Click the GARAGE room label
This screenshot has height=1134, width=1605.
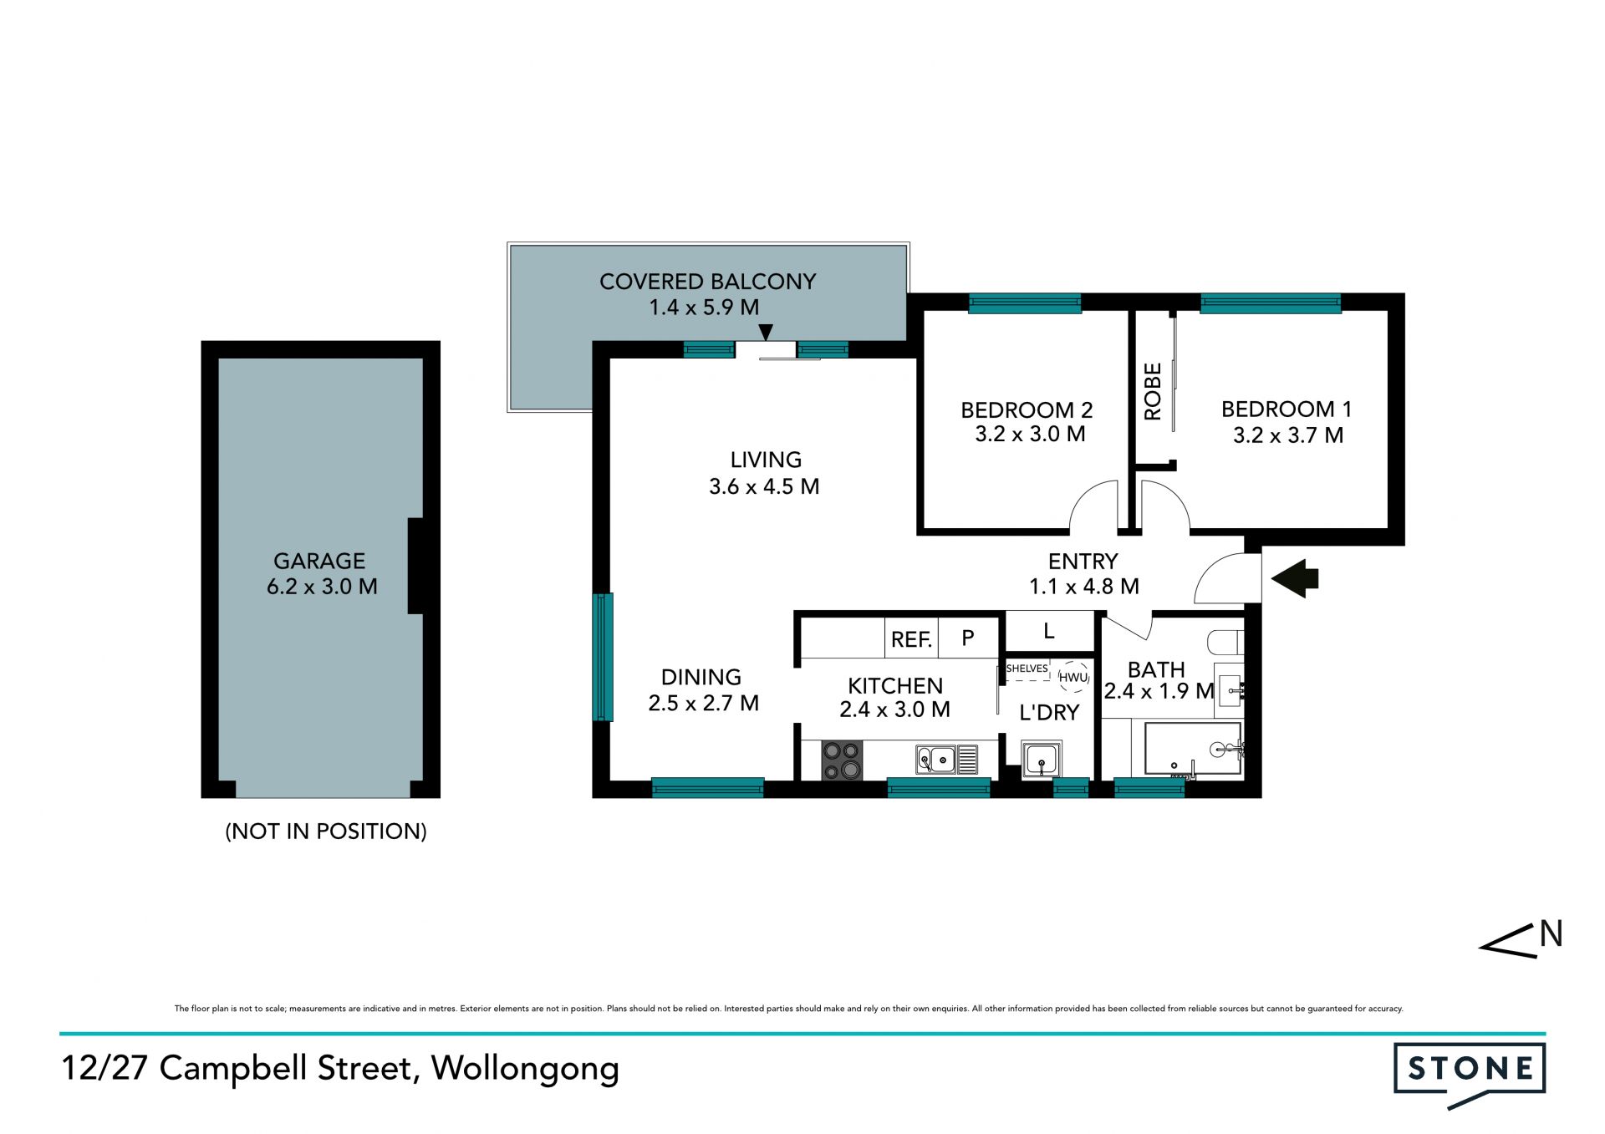click(319, 561)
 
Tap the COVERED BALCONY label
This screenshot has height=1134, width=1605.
click(707, 282)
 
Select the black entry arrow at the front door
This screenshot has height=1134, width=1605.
click(1295, 578)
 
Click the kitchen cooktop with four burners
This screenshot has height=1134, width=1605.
click(842, 760)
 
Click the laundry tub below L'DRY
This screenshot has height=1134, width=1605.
click(1042, 760)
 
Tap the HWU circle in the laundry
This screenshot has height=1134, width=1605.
click(1073, 677)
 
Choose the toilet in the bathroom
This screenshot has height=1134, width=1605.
click(1226, 642)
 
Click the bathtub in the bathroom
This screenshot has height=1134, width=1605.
click(1193, 750)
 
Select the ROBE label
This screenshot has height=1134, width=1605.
click(1153, 391)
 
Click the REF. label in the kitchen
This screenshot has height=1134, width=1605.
click(911, 639)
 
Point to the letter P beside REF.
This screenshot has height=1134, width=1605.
click(968, 638)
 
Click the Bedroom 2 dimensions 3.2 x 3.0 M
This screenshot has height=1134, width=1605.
click(1030, 434)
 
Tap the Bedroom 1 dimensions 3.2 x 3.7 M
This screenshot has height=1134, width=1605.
click(1288, 435)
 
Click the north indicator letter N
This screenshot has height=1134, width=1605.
click(1551, 933)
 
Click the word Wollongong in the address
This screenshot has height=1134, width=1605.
click(525, 1069)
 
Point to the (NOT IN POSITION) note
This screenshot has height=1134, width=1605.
click(326, 831)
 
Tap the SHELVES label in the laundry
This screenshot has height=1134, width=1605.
click(1027, 669)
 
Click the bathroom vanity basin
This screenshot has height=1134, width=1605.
click(1230, 691)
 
